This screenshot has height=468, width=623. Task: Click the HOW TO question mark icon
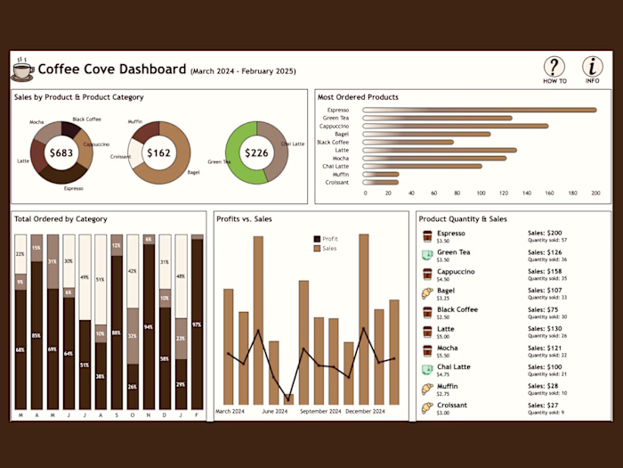tap(554, 67)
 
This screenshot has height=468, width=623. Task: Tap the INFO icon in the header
tap(592, 67)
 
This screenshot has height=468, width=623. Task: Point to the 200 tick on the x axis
tap(595, 193)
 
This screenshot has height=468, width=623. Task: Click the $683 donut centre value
tap(61, 153)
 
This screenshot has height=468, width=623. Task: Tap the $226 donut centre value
tap(256, 153)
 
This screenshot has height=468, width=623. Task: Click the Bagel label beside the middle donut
tap(194, 172)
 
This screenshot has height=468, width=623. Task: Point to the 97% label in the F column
tap(197, 324)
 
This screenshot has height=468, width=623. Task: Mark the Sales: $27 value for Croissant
tap(542, 405)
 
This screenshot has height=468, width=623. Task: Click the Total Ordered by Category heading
tap(61, 219)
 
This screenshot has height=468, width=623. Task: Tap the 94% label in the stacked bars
tap(149, 327)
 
